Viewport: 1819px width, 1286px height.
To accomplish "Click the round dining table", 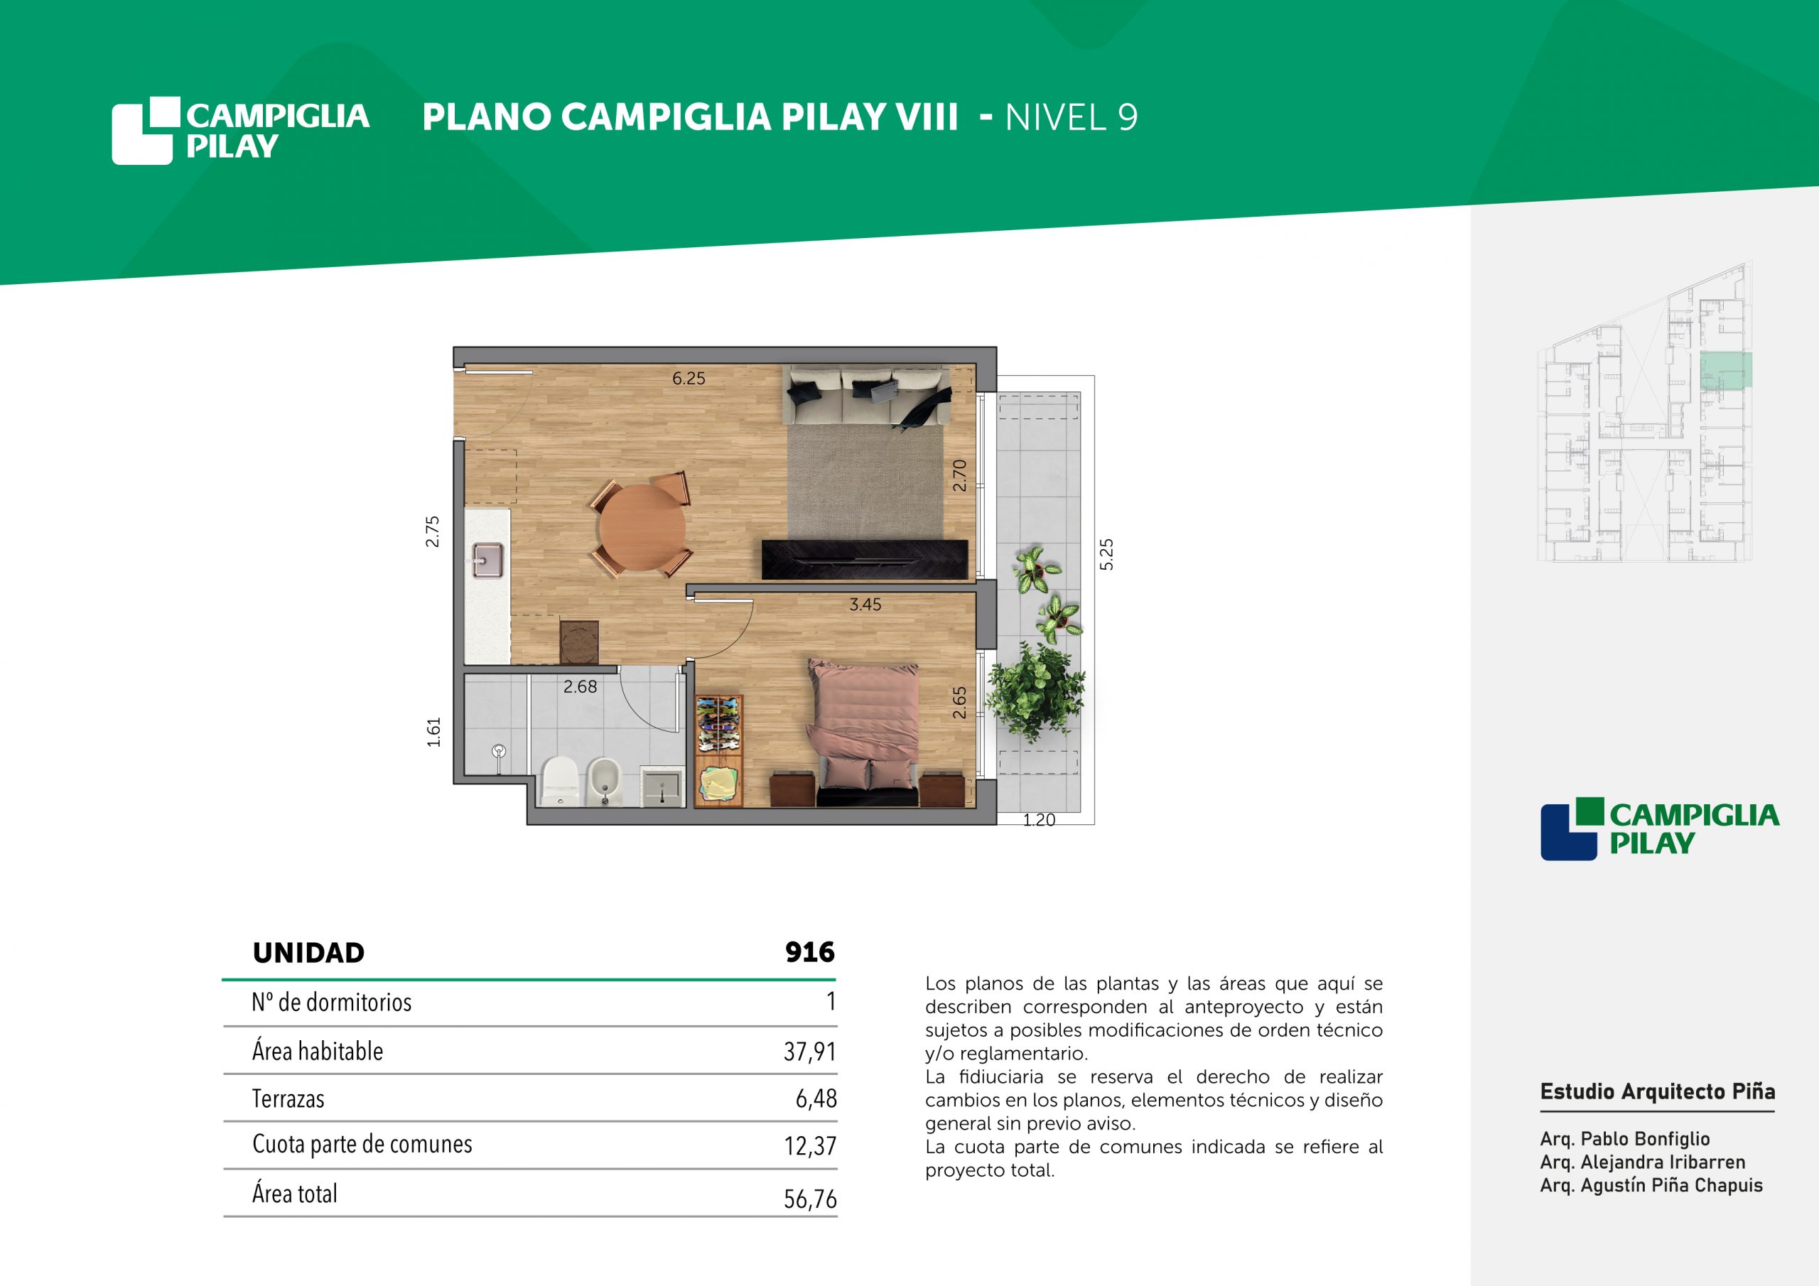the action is point(642,527).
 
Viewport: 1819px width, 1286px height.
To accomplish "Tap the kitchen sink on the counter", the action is point(488,559).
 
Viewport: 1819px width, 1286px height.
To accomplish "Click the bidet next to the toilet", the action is point(605,782).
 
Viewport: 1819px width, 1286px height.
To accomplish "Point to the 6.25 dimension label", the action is point(689,379).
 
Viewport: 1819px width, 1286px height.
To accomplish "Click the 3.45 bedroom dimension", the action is point(865,605).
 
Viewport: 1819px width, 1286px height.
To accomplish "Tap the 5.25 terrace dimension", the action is point(1107,554).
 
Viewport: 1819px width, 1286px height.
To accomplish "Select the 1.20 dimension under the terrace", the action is point(1039,820).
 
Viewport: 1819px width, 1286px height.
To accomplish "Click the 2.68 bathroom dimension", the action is point(580,687).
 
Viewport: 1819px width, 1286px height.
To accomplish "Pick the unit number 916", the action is point(810,951).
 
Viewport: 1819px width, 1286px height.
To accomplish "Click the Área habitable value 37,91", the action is point(810,1052).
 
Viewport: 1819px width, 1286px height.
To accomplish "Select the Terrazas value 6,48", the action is point(816,1099).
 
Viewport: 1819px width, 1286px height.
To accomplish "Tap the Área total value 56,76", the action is point(810,1199).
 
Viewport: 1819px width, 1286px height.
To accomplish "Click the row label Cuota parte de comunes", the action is point(362,1144).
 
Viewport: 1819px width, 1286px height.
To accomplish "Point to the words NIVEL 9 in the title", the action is point(1071,117).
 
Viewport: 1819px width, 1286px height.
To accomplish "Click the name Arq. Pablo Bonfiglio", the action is point(1625,1139).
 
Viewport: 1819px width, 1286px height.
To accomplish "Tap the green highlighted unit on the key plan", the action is point(1725,370).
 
